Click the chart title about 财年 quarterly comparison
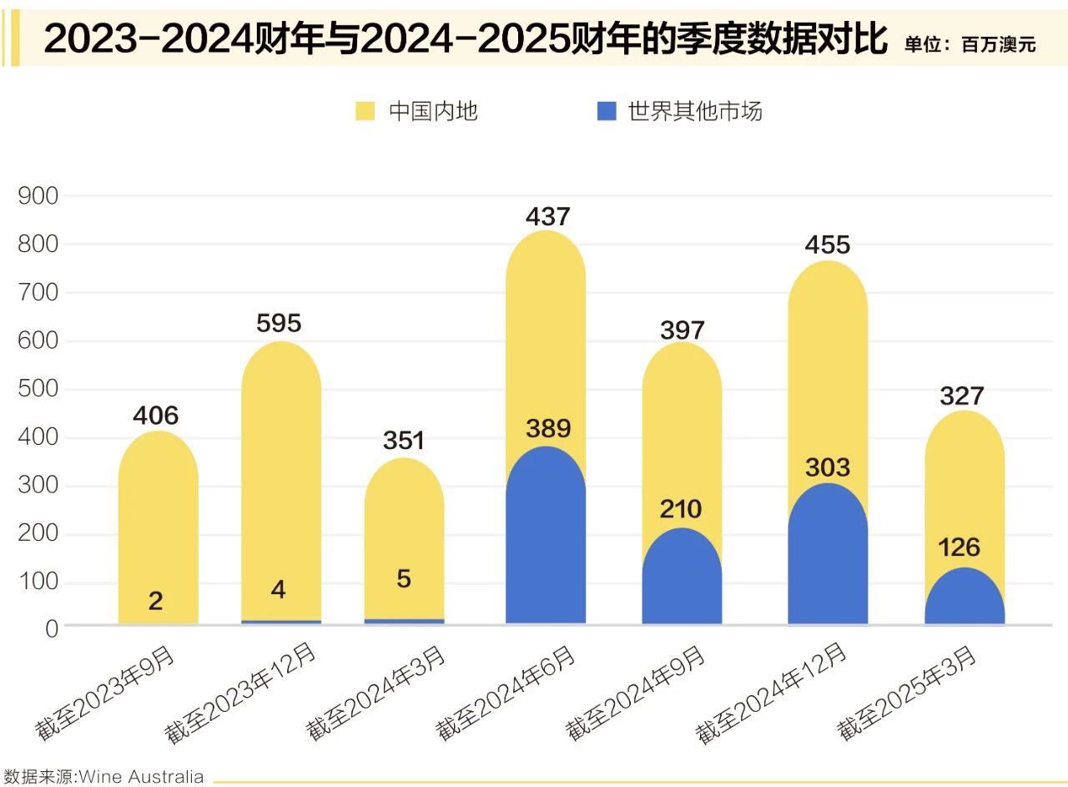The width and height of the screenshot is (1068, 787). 465,39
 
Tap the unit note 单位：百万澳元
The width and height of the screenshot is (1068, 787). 970,45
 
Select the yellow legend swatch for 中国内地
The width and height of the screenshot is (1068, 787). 365,111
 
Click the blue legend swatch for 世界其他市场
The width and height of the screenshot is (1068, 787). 607,111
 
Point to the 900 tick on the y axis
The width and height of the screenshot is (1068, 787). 38,197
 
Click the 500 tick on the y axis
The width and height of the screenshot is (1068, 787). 38,390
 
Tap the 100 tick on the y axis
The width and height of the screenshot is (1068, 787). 38,583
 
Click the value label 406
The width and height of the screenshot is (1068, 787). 156,415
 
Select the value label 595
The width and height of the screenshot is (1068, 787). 279,323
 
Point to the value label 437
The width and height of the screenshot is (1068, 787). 547,217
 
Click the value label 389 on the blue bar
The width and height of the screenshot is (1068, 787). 547,429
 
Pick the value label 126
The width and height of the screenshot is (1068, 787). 960,547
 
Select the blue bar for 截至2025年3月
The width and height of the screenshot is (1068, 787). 965,599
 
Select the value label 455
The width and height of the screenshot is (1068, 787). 827,245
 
